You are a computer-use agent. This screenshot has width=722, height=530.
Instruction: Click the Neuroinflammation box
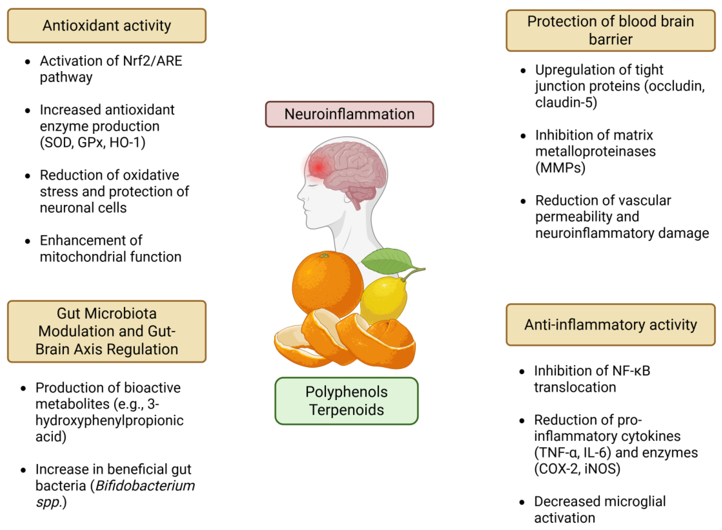pos(349,114)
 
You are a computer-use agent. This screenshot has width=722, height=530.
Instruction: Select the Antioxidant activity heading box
pos(106,26)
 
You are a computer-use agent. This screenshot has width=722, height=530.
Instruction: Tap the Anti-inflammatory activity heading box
pos(610,324)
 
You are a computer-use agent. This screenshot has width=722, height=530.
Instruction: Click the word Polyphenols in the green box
pos(346,392)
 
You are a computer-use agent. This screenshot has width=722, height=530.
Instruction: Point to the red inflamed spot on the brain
pos(318,167)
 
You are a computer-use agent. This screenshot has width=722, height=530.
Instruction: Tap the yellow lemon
pos(383,298)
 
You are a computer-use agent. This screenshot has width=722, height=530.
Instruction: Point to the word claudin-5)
pos(566,102)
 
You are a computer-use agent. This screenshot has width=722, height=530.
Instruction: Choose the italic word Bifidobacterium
pos(145,485)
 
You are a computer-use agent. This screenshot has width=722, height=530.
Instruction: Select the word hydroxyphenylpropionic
pos(109,420)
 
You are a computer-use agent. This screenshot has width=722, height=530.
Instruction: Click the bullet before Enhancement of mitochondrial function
pos(28,241)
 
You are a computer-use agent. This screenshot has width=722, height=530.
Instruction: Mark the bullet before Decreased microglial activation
pos(522,502)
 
